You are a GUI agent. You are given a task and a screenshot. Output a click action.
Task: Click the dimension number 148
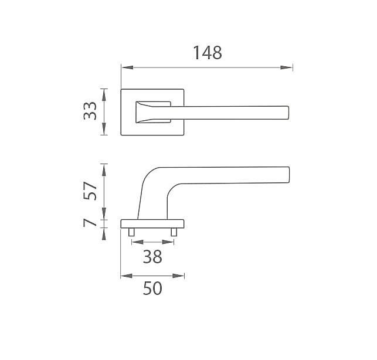point(207,53)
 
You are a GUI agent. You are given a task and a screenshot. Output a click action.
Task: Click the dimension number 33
point(90,111)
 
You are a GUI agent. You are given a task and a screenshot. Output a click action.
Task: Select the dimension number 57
point(90,191)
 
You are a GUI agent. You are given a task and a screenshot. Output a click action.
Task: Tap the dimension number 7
point(90,223)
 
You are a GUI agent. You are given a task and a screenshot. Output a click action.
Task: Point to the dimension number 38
point(152,257)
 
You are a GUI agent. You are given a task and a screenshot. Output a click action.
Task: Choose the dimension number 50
point(152,288)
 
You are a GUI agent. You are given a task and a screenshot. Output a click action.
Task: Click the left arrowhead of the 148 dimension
point(127,67)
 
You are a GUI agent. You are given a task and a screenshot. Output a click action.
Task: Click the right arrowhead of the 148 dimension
point(286,67)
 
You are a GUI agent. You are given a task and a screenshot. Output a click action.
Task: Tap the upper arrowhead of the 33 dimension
point(104,95)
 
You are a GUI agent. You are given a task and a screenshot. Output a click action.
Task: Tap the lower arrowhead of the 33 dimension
point(104,129)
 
